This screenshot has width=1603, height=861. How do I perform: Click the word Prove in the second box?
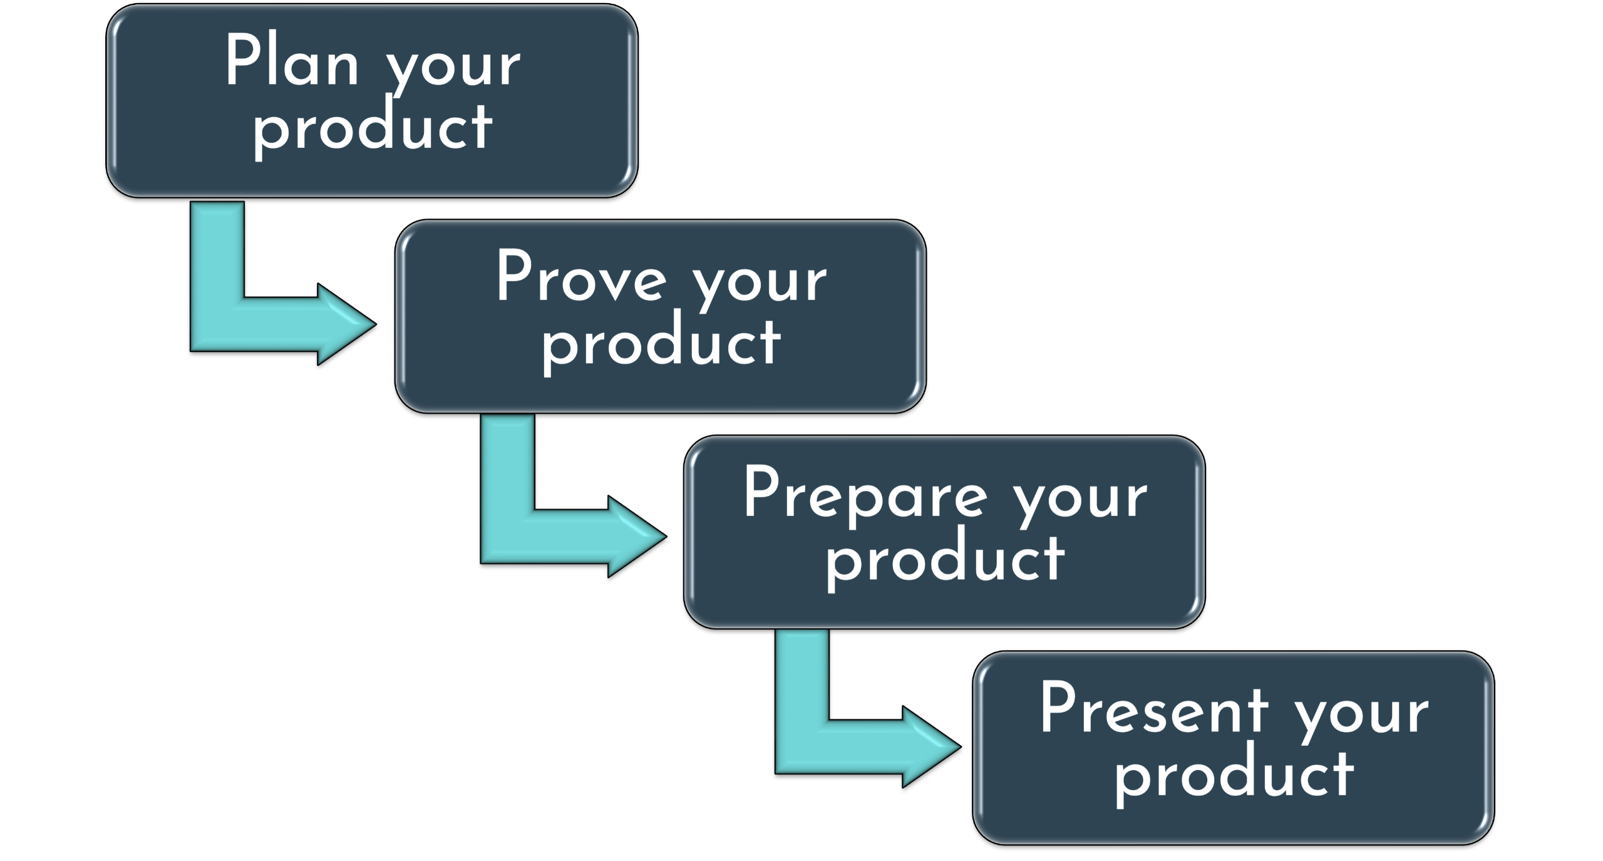click(x=581, y=276)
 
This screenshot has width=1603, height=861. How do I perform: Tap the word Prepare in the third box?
click(x=865, y=494)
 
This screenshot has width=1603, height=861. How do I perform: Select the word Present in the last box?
click(x=1153, y=708)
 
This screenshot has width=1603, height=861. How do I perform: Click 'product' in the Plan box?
click(x=372, y=129)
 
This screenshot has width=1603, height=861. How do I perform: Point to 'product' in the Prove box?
click(x=661, y=345)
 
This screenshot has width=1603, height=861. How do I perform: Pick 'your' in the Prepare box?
click(x=1080, y=500)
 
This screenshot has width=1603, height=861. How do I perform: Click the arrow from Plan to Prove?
click(x=250, y=313)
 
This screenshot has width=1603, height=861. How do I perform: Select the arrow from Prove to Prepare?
click(x=539, y=529)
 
